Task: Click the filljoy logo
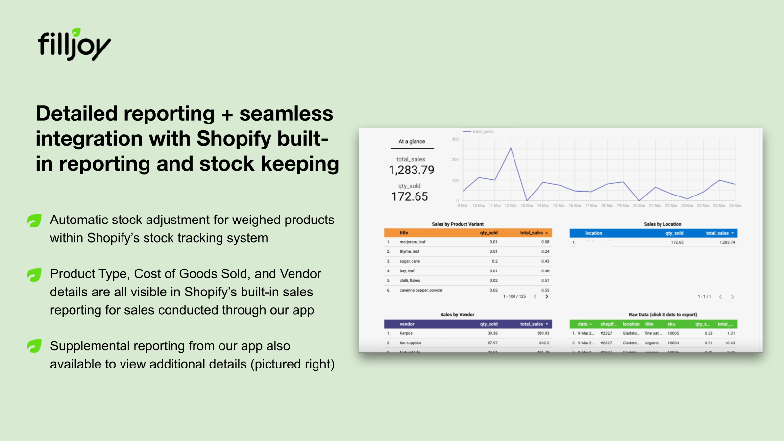pos(74,45)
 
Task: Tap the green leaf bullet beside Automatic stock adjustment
pos(34,220)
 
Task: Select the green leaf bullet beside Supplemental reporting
pos(34,346)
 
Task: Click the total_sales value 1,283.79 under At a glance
pos(411,170)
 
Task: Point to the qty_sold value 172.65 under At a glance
pos(410,196)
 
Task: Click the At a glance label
pos(412,141)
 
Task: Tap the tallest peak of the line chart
pos(511,148)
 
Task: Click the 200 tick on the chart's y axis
pos(455,160)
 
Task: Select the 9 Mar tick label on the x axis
pos(463,206)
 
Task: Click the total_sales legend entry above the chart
pos(483,132)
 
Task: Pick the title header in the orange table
pos(404,233)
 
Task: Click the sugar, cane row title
pos(410,261)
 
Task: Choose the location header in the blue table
pos(593,233)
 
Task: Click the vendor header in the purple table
pos(407,324)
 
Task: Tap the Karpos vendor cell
pos(406,333)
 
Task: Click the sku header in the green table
pos(671,324)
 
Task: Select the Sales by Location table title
pos(662,224)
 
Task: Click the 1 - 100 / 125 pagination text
pos(514,297)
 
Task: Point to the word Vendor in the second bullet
pos(300,274)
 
